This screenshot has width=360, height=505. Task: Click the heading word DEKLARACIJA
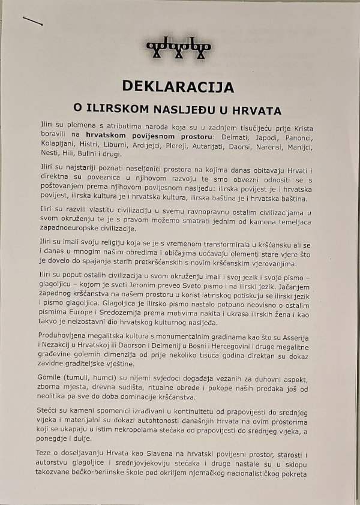[178, 86]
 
